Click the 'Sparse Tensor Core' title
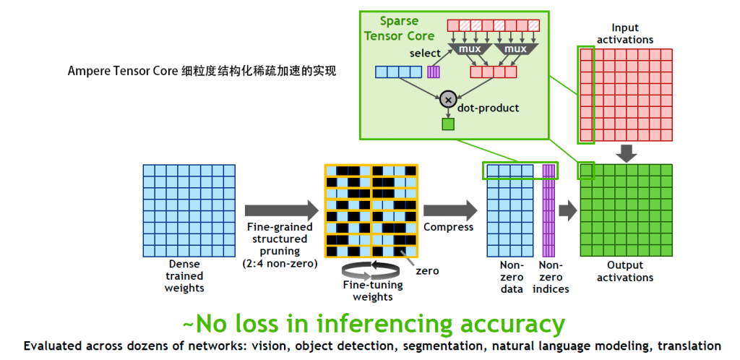400,29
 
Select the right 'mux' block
515,49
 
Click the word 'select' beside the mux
425,54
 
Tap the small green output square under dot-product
448,124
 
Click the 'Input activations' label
626,33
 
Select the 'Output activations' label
626,272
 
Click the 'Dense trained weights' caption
185,276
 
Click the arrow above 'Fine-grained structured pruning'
281,210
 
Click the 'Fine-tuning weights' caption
372,291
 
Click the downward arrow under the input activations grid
627,153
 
